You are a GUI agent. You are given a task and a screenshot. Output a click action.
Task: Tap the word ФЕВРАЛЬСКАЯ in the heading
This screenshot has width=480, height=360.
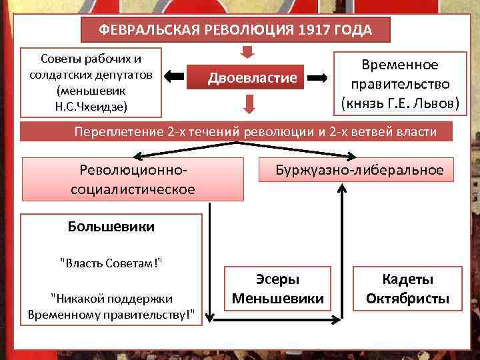[143, 30]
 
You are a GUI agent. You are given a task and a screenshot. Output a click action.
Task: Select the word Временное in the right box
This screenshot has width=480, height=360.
[399, 65]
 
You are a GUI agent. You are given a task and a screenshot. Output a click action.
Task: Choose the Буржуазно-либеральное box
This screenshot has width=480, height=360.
[359, 170]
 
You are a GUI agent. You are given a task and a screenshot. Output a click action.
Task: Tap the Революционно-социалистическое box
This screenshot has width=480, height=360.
[133, 179]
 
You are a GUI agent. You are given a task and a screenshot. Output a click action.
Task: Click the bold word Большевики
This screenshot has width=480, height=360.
[111, 226]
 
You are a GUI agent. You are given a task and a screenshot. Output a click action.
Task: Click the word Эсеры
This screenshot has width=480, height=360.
[277, 281]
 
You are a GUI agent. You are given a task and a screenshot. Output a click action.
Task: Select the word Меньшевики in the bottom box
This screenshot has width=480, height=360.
[277, 299]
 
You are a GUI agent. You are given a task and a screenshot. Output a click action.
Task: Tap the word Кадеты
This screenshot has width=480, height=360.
[407, 280]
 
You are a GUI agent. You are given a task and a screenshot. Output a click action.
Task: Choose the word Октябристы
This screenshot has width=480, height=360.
[407, 298]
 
